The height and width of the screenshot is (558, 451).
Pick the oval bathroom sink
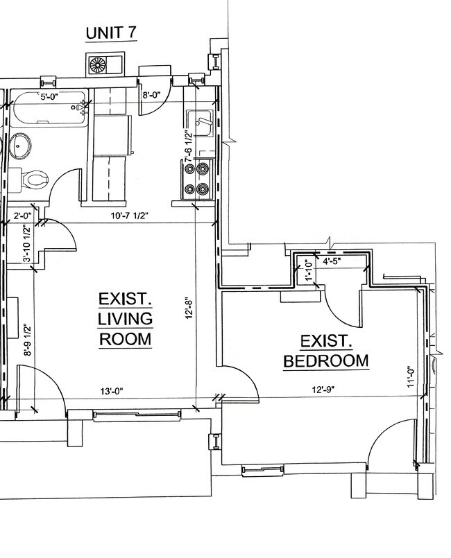pos(21,146)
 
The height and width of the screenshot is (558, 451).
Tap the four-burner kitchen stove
pos(201,178)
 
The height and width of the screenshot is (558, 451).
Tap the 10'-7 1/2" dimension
pos(129,215)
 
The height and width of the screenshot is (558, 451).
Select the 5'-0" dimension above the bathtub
pos(51,97)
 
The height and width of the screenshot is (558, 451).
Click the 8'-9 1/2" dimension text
pos(26,340)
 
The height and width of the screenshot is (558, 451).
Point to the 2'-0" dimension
pos(22,215)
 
